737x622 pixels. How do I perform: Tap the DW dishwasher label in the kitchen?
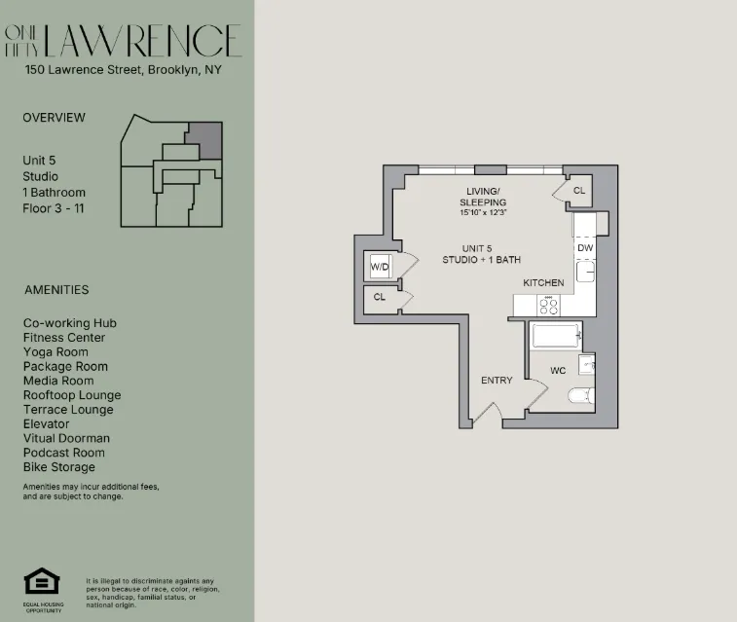pos(584,248)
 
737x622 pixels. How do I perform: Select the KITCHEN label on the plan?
pos(543,282)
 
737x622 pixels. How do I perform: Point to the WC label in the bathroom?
pos(558,371)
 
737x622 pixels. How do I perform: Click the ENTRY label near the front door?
pos(497,380)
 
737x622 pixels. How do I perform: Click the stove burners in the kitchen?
pos(548,306)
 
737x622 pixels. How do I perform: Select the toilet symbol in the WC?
pos(579,394)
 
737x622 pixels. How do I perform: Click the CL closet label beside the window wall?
pos(578,191)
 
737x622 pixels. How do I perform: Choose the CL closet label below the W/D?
pos(380,297)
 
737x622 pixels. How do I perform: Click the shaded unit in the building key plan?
pos(204,139)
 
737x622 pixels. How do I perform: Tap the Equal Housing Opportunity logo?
pos(42,582)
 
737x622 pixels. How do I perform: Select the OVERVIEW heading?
pos(54,118)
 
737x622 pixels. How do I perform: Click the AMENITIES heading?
pos(55,290)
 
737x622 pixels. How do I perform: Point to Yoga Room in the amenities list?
pos(55,352)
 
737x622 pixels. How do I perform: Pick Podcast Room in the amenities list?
pos(64,453)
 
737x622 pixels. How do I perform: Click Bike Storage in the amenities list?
pos(59,467)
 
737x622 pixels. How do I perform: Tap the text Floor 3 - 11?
pos(55,208)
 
